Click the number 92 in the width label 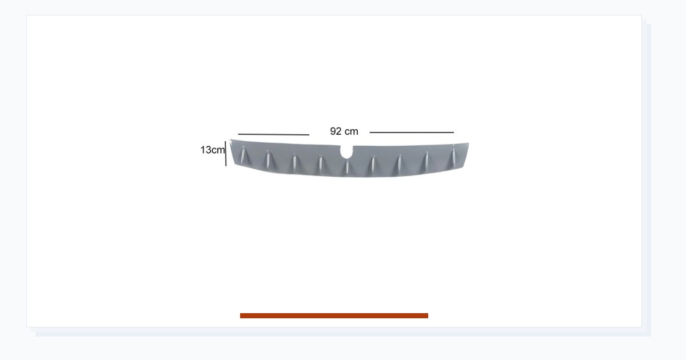click(x=336, y=131)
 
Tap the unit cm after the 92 click(x=351, y=131)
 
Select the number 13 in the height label click(x=206, y=150)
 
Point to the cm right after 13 click(x=218, y=150)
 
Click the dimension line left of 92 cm click(x=273, y=134)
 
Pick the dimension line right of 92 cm click(x=412, y=133)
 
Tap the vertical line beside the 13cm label click(x=226, y=154)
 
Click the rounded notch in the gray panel click(x=346, y=153)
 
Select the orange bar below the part click(x=334, y=315)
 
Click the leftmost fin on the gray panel click(x=243, y=155)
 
